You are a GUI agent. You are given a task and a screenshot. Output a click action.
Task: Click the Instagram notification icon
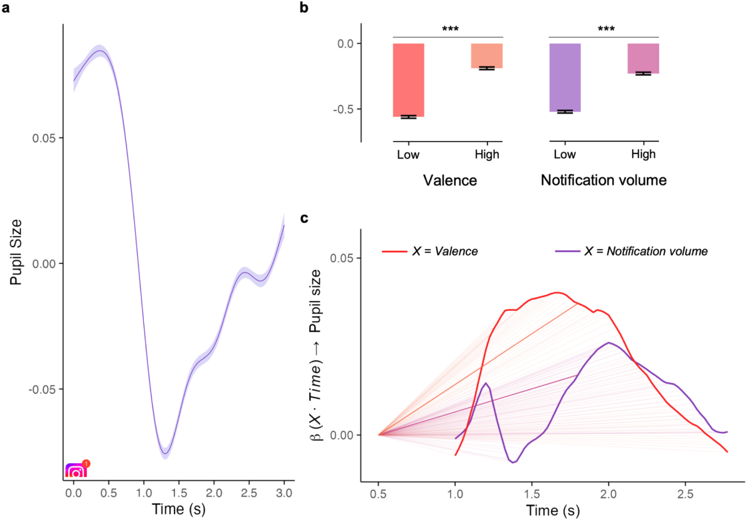click(76, 469)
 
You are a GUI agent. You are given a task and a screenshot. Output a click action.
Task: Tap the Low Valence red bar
click(408, 80)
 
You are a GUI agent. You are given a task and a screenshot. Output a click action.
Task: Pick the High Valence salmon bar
click(486, 56)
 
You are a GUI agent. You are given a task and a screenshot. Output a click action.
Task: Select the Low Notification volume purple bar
click(564, 77)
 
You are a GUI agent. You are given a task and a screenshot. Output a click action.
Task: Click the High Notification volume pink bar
click(643, 59)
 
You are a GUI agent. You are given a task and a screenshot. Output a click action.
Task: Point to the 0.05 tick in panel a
click(44, 138)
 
